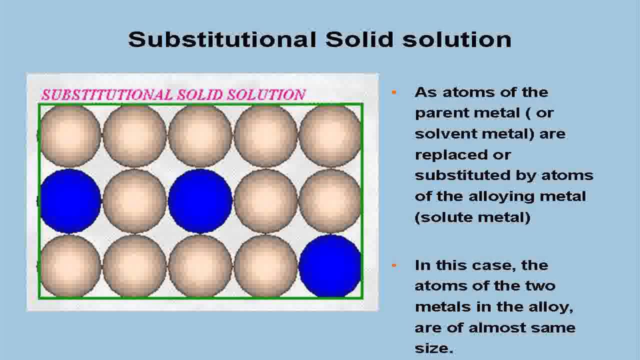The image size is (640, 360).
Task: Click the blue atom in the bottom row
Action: click(330, 266)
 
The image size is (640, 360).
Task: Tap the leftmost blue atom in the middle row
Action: click(70, 201)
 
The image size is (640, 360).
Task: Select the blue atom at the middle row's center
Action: click(200, 201)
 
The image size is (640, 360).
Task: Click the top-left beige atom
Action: click(70, 135)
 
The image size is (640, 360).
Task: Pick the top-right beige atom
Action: click(330, 135)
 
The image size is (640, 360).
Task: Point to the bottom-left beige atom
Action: click(70, 266)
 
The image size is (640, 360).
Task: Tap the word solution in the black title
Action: click(456, 39)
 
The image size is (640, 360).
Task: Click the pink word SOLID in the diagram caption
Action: click(199, 94)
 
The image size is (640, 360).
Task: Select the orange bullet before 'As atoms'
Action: click(394, 92)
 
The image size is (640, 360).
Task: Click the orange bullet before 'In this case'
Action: click(394, 265)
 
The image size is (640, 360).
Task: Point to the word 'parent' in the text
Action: click(439, 113)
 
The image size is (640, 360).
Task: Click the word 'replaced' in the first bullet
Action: click(451, 155)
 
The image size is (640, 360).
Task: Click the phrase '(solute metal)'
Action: click(472, 217)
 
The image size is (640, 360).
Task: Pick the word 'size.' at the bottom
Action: click(434, 348)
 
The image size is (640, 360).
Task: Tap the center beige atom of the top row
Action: click(200, 135)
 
